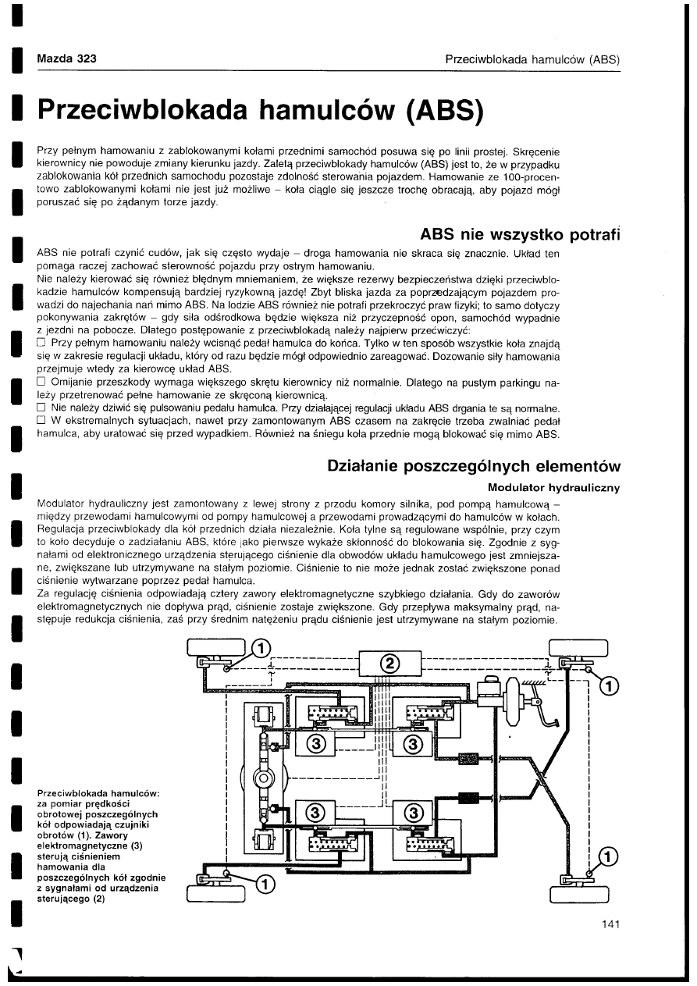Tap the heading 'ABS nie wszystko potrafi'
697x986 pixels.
coord(520,234)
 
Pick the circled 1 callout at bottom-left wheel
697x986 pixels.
coord(265,885)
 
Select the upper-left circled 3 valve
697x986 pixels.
coord(315,742)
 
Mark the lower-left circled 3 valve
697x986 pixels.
coord(315,812)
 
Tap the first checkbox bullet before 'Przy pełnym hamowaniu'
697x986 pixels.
coord(41,343)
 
